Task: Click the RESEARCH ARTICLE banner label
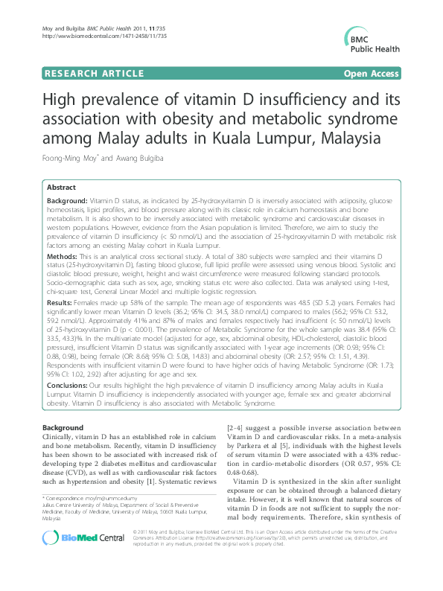(94, 74)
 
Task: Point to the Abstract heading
(66, 188)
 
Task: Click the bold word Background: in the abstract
(67, 202)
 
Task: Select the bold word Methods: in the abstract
(63, 255)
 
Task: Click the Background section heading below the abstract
(63, 428)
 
